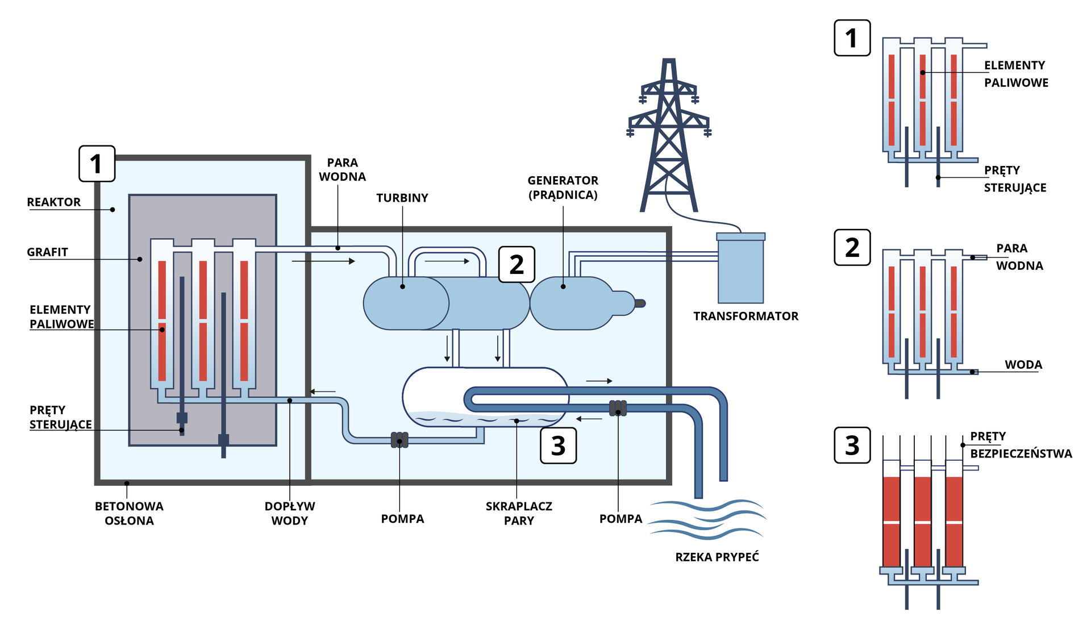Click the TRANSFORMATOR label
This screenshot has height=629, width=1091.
pyautogui.click(x=746, y=316)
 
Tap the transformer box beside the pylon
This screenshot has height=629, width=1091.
pyautogui.click(x=740, y=269)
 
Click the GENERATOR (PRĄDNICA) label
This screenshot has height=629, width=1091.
pyautogui.click(x=563, y=188)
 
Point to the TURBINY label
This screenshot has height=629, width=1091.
pyautogui.click(x=402, y=198)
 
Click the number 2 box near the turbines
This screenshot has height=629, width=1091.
pyautogui.click(x=517, y=264)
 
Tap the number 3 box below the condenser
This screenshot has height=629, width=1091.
pyautogui.click(x=558, y=445)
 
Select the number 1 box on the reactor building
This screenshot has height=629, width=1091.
pyautogui.click(x=97, y=164)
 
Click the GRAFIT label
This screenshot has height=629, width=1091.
pyautogui.click(x=47, y=252)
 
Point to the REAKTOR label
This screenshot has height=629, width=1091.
pyautogui.click(x=53, y=202)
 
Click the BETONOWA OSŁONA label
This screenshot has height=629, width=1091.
pyautogui.click(x=129, y=513)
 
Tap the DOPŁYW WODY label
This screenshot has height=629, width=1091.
pyautogui.click(x=289, y=513)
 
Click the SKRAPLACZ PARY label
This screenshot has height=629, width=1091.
pyautogui.click(x=518, y=513)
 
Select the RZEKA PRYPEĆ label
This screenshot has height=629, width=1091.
pyautogui.click(x=717, y=557)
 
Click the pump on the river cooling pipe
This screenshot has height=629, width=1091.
pyautogui.click(x=618, y=408)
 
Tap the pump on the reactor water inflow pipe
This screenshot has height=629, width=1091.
pyautogui.click(x=399, y=440)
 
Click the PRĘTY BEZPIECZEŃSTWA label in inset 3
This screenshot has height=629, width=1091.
pyautogui.click(x=1020, y=445)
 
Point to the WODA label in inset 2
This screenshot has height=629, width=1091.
pyautogui.click(x=1023, y=365)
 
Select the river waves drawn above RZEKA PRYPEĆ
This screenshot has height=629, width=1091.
pyautogui.click(x=707, y=519)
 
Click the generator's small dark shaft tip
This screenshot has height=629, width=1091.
pyautogui.click(x=640, y=303)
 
